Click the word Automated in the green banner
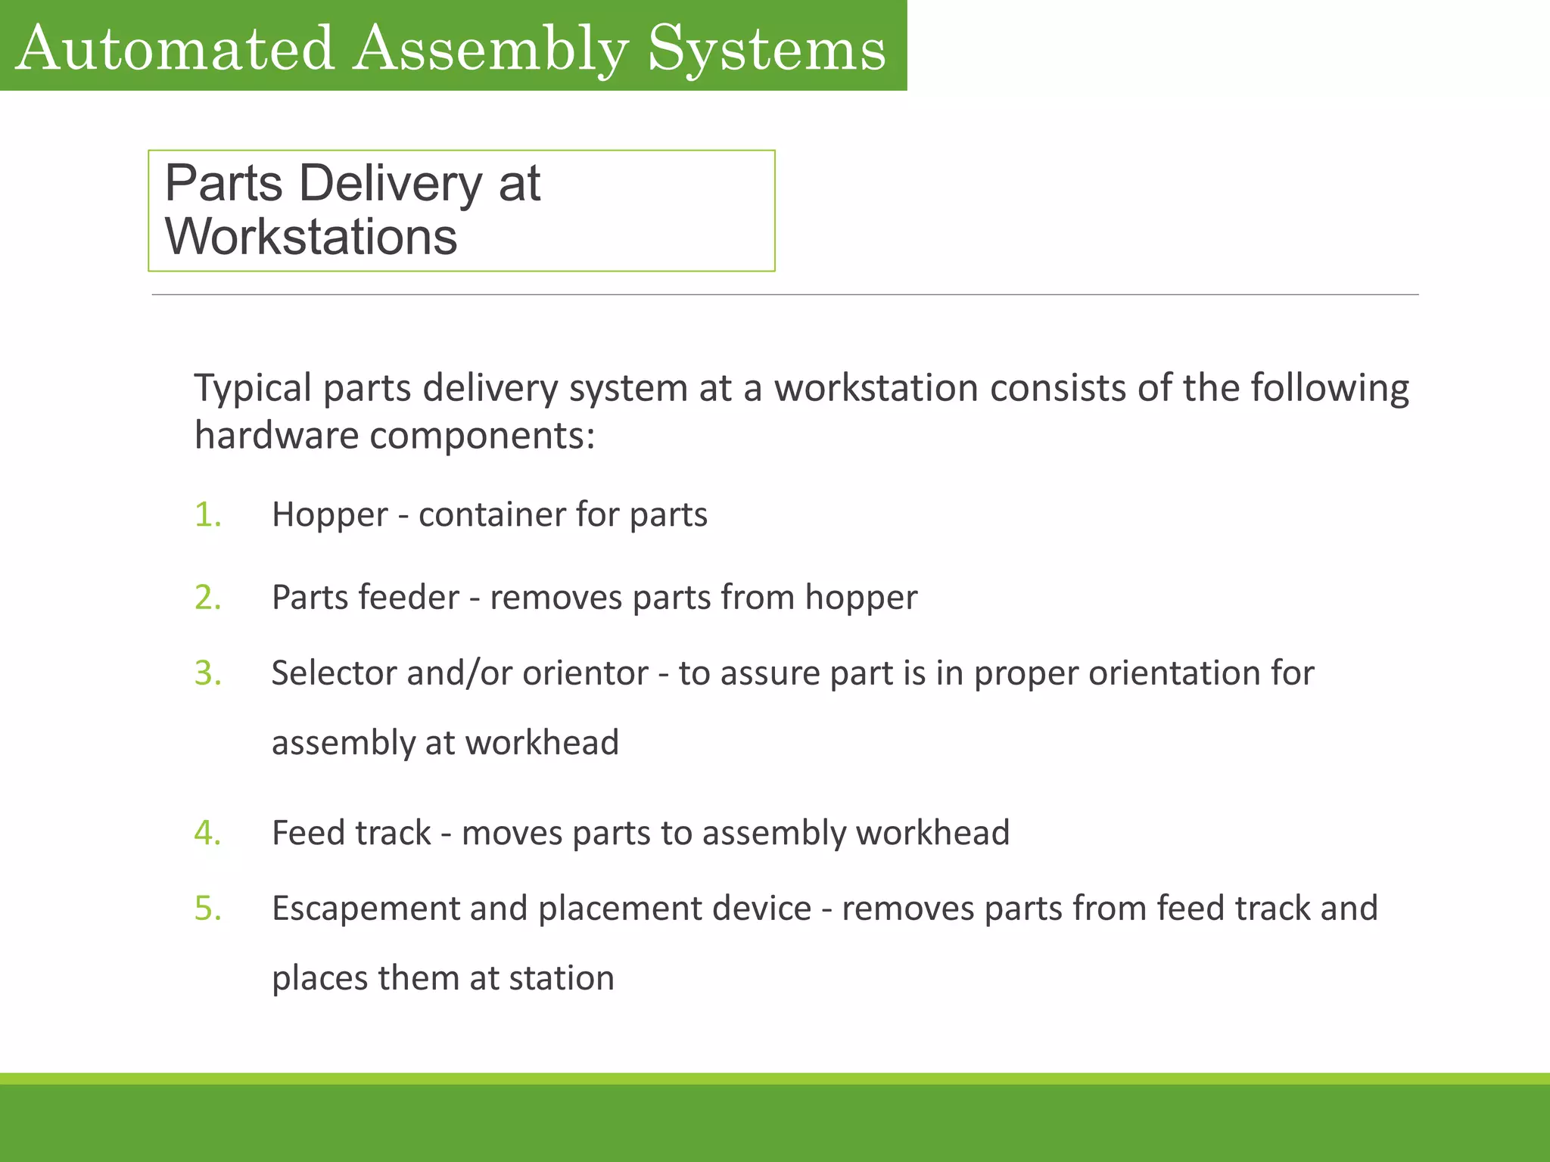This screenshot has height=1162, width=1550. point(175,48)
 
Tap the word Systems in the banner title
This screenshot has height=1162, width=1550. point(767,48)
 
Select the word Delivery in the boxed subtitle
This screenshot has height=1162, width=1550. point(391,184)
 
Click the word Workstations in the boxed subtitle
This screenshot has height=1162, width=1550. point(311,237)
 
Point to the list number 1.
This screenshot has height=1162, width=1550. point(207,514)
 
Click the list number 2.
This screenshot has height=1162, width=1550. point(207,598)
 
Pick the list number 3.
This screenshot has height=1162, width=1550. point(207,673)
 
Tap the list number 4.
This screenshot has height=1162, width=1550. point(207,833)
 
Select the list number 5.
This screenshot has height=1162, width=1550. point(207,909)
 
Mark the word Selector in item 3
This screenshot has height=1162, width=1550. point(333,673)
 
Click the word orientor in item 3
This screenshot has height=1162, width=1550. point(585,673)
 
